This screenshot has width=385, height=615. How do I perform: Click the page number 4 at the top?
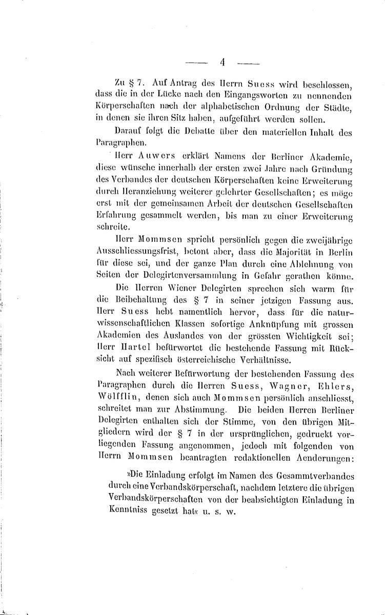tap(222, 63)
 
